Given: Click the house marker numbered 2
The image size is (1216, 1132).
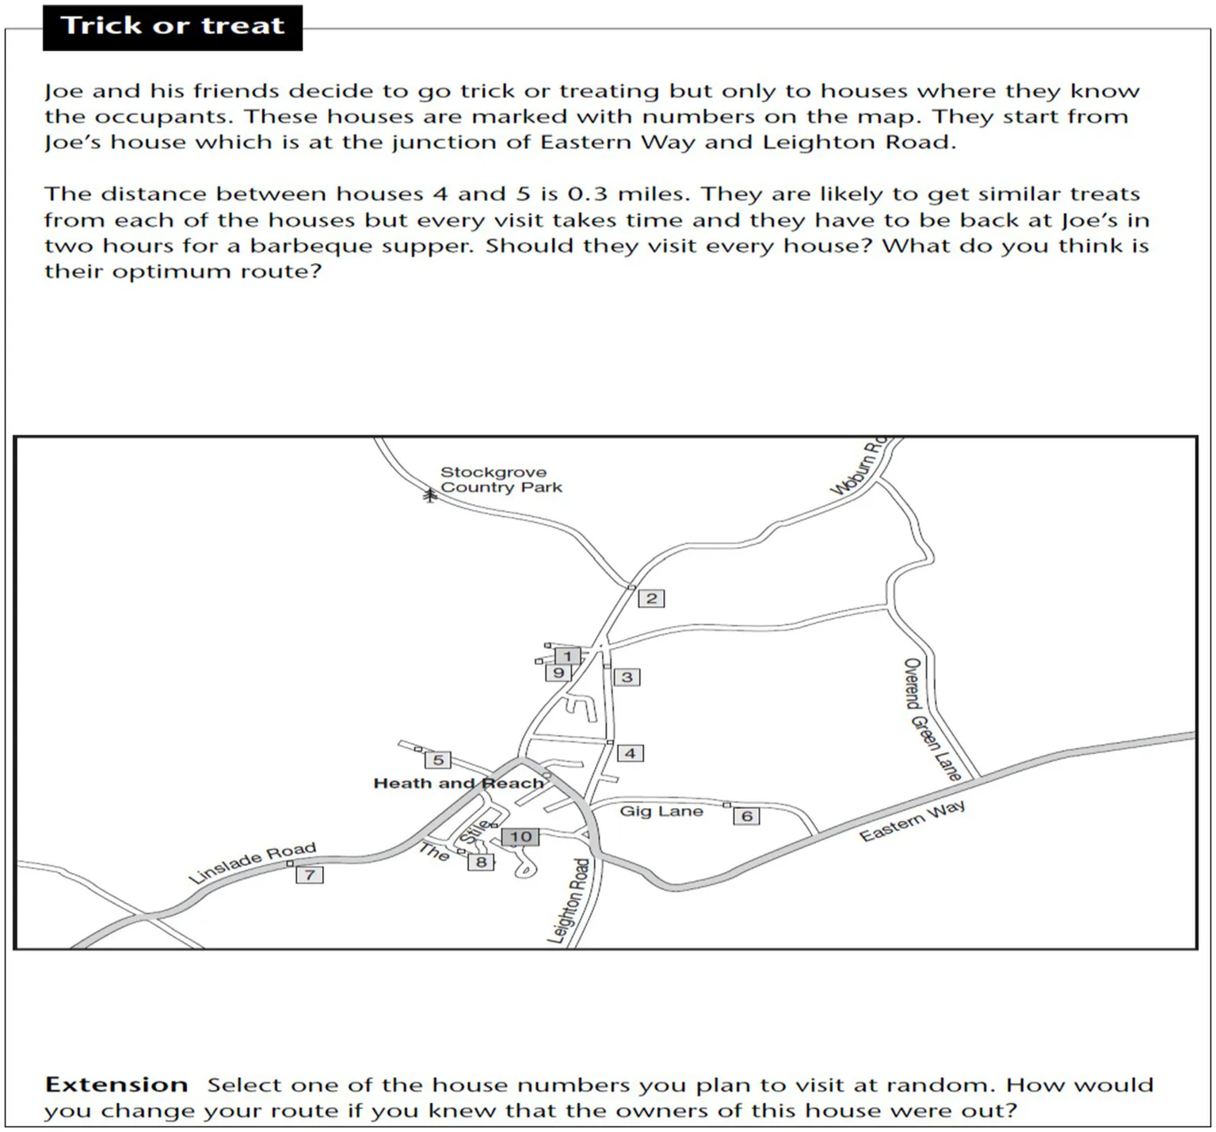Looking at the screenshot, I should coord(651,598).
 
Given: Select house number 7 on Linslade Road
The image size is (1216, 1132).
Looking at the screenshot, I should coord(310,875).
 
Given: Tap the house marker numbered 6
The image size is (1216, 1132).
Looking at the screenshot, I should coord(746,815).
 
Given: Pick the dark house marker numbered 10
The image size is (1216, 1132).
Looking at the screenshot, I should coord(520,837).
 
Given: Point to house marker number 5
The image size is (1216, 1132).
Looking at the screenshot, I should coord(438,760).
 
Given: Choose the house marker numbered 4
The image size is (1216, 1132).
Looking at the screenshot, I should coord(630,753).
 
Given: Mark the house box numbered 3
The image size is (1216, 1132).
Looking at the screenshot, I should coord(627,677).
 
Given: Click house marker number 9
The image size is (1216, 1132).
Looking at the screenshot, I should coord(558,673).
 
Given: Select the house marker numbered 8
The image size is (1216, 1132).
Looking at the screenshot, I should coord(481,861).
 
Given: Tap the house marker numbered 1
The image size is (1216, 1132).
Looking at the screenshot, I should coord(567,656).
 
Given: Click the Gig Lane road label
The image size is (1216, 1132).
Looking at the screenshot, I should coord(661,810).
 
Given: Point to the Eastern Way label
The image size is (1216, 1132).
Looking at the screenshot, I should coord(912,821).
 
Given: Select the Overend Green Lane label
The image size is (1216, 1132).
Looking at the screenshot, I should coord(932,718).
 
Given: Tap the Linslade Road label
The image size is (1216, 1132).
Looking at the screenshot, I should coord(252,862).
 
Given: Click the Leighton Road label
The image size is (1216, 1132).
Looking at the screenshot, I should coord(570,900).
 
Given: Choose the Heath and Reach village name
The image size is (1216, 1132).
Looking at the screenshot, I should coord(459,783).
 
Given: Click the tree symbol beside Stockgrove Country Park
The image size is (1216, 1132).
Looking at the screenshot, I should coord(429,495).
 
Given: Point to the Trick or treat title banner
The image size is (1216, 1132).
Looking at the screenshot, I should coord(173,26).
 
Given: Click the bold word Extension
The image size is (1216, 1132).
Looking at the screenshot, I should coord(116,1084).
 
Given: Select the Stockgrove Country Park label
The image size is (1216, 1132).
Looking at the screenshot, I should coord(501,479).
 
